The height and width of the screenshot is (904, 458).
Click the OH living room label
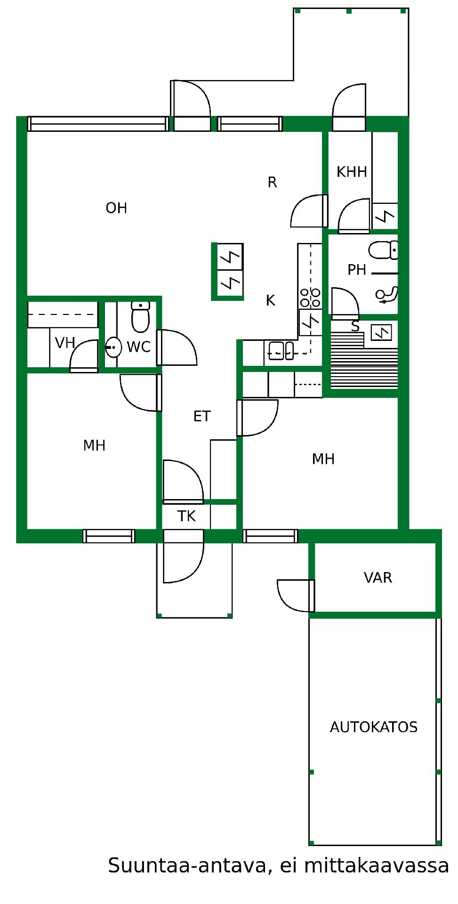pyautogui.click(x=116, y=208)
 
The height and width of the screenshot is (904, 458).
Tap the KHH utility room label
pyautogui.click(x=352, y=172)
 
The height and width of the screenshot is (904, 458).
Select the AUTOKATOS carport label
pyautogui.click(x=374, y=727)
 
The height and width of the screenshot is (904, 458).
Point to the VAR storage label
pyautogui.click(x=378, y=578)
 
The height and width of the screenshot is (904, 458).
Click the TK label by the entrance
pyautogui.click(x=186, y=517)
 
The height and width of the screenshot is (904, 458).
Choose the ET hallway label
pyautogui.click(x=202, y=416)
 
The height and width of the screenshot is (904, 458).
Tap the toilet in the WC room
pyautogui.click(x=140, y=317)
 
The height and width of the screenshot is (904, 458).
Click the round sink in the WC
pyautogui.click(x=113, y=347)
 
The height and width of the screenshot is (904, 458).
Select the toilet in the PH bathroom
pyautogui.click(x=383, y=250)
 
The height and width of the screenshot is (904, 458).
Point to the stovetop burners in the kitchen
pyautogui.click(x=310, y=298)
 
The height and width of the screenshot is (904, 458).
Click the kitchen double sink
pyautogui.click(x=281, y=351)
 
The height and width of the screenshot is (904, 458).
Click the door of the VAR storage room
pyautogui.click(x=296, y=596)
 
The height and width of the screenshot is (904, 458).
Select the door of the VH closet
pyautogui.click(x=84, y=356)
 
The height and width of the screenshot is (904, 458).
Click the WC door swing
pyautogui.click(x=177, y=347)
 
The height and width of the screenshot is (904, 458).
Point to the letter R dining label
pyautogui.click(x=272, y=182)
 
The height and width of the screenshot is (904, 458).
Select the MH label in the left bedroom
pyautogui.click(x=94, y=445)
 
